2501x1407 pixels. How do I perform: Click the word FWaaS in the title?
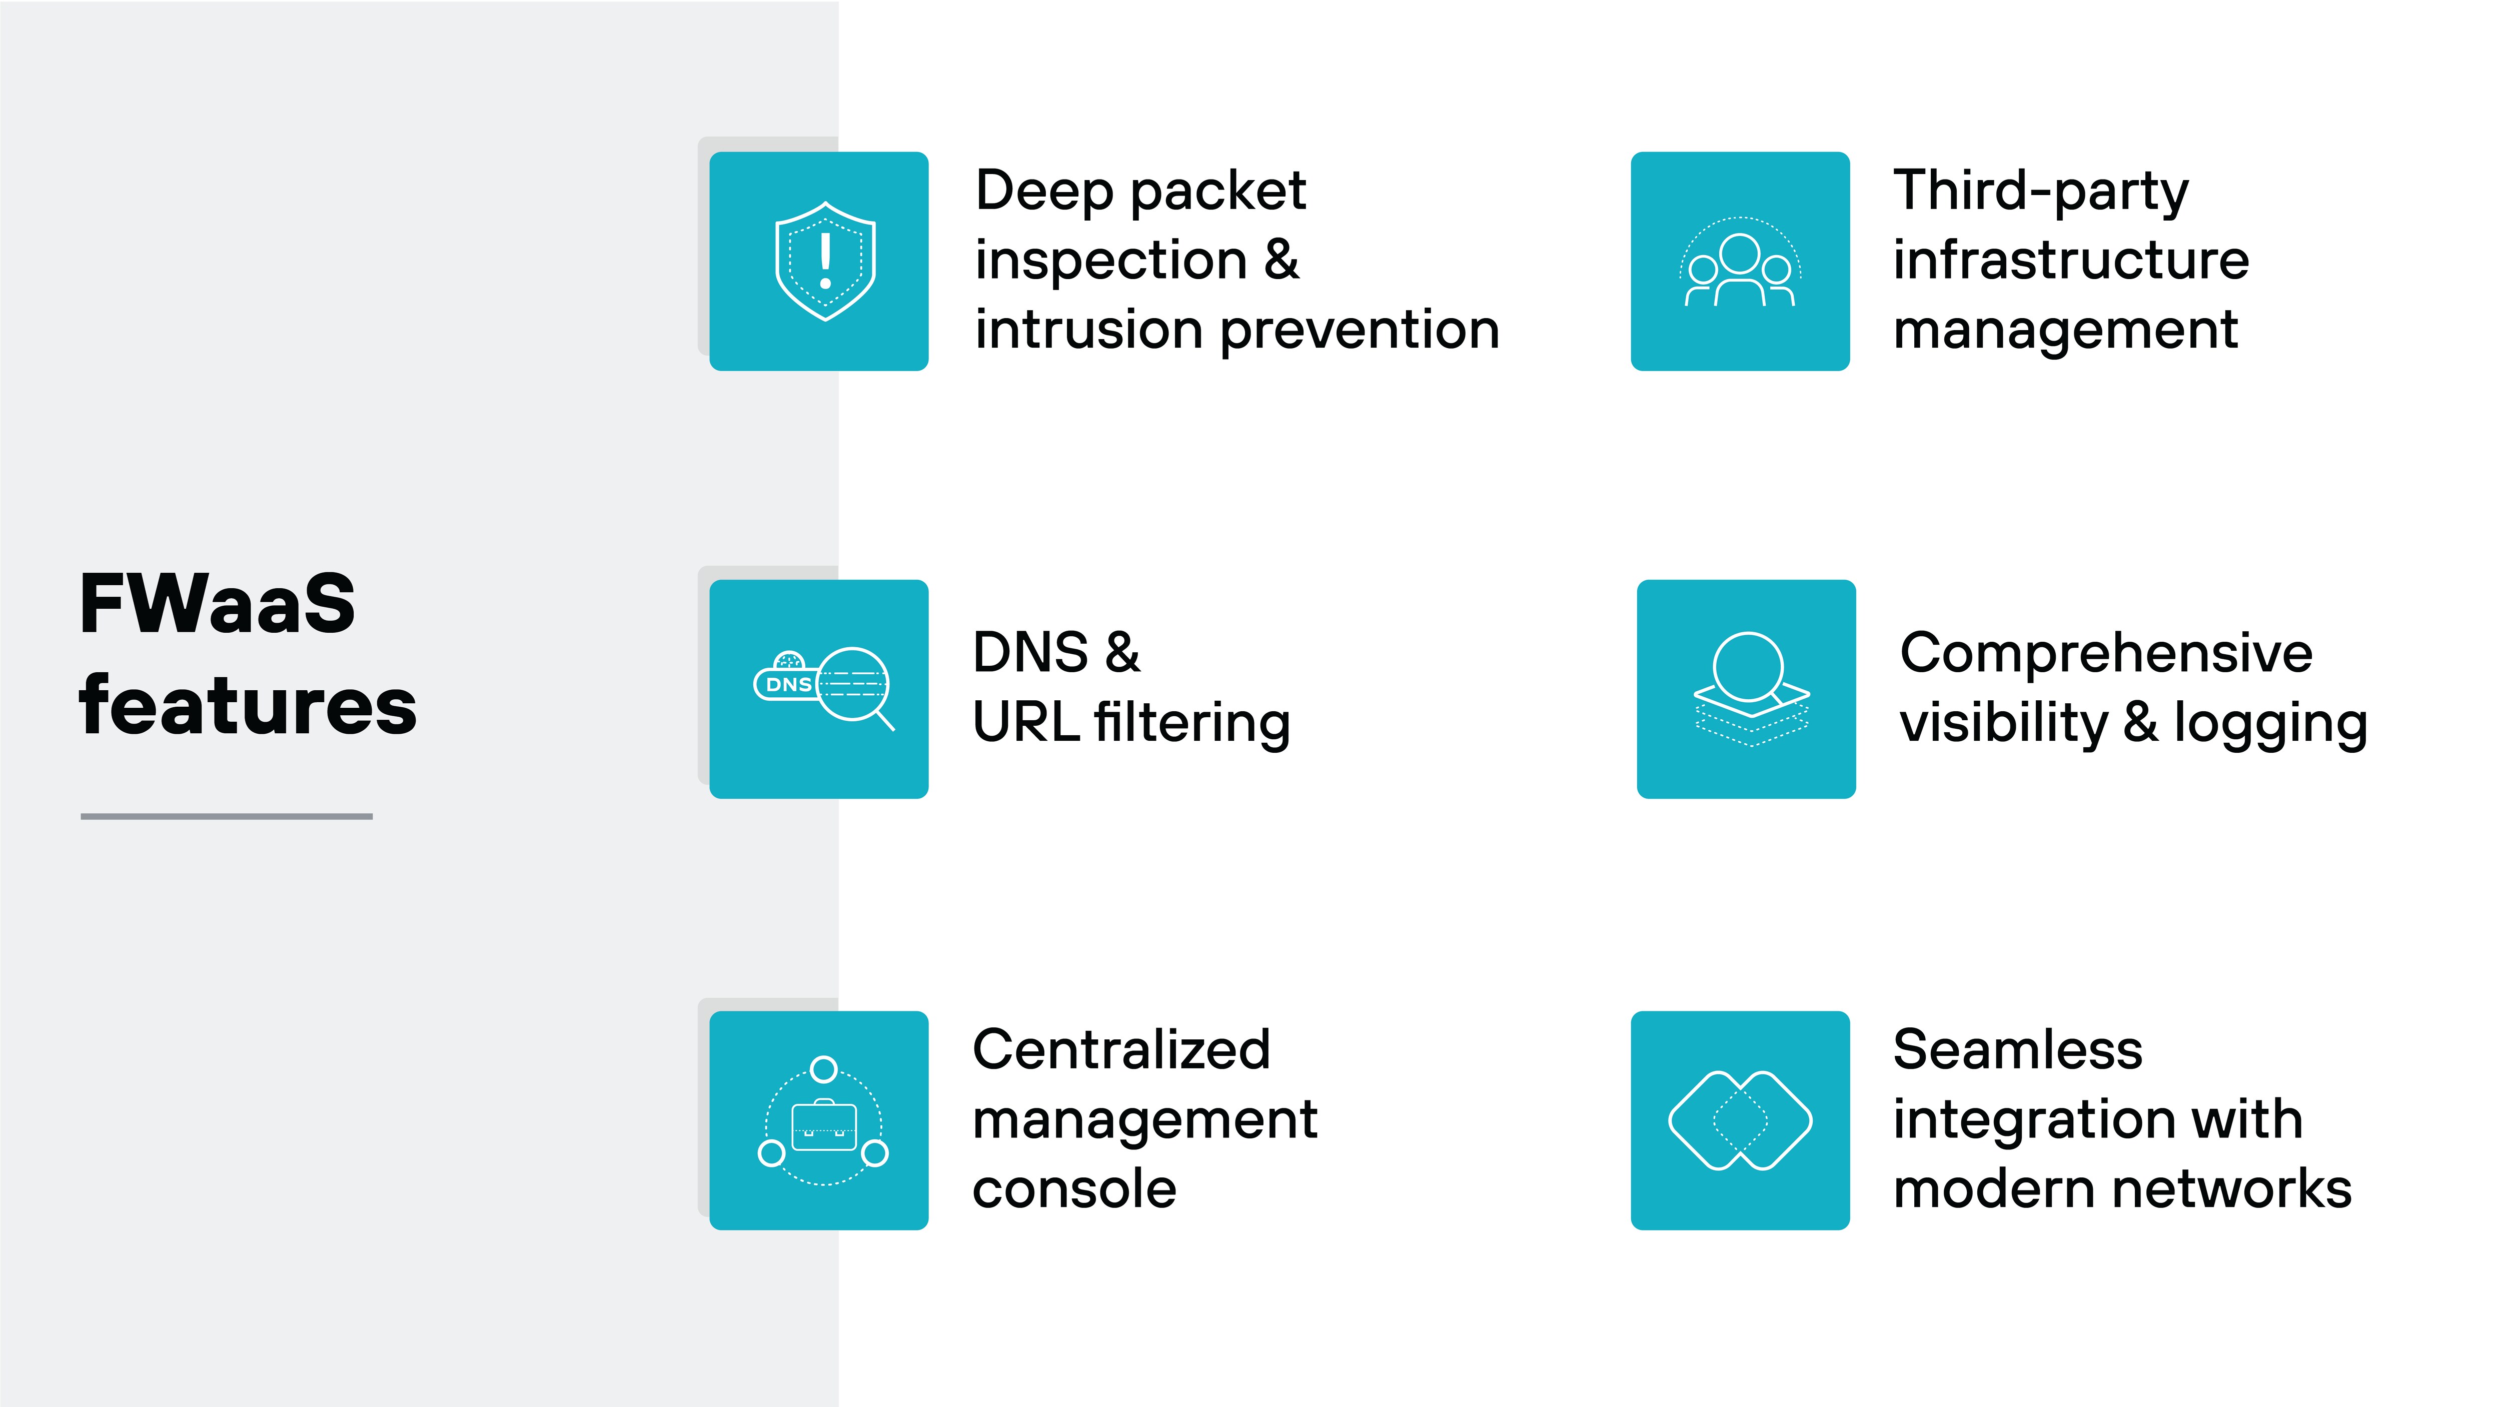coord(218,604)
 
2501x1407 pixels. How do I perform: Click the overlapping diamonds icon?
coord(1740,1120)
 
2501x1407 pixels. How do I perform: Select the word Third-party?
coord(2041,191)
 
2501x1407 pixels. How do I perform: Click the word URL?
coord(1025,722)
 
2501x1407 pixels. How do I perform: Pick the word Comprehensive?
coord(2106,653)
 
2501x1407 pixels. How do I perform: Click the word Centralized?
coord(1121,1050)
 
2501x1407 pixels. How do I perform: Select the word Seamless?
coord(2017,1050)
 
